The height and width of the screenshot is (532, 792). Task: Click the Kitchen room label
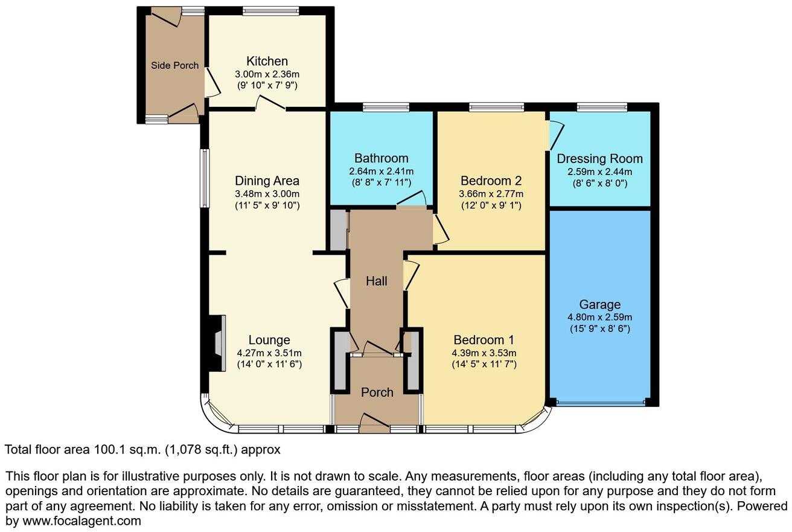tap(267, 61)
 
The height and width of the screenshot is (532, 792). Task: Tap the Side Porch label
tap(174, 65)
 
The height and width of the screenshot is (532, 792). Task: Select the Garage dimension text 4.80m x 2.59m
tap(600, 317)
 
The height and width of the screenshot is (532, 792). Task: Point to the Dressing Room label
tap(599, 159)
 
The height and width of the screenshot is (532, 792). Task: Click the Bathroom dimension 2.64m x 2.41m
tap(381, 171)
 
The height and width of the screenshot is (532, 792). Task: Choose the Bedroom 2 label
tap(491, 181)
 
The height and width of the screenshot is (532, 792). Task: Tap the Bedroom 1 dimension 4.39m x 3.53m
tap(484, 353)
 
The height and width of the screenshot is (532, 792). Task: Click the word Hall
tap(377, 281)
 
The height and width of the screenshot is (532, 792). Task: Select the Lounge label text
tap(269, 340)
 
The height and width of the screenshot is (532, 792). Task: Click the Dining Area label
tap(267, 181)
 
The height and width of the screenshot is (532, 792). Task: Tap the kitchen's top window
tap(270, 10)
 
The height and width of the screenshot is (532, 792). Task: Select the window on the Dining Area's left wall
tap(205, 178)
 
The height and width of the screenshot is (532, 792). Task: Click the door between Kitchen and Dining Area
tap(270, 106)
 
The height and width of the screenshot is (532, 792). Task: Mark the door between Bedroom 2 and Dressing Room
tap(554, 134)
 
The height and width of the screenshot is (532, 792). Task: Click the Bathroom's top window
tap(386, 107)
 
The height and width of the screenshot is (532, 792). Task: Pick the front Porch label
tap(377, 393)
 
